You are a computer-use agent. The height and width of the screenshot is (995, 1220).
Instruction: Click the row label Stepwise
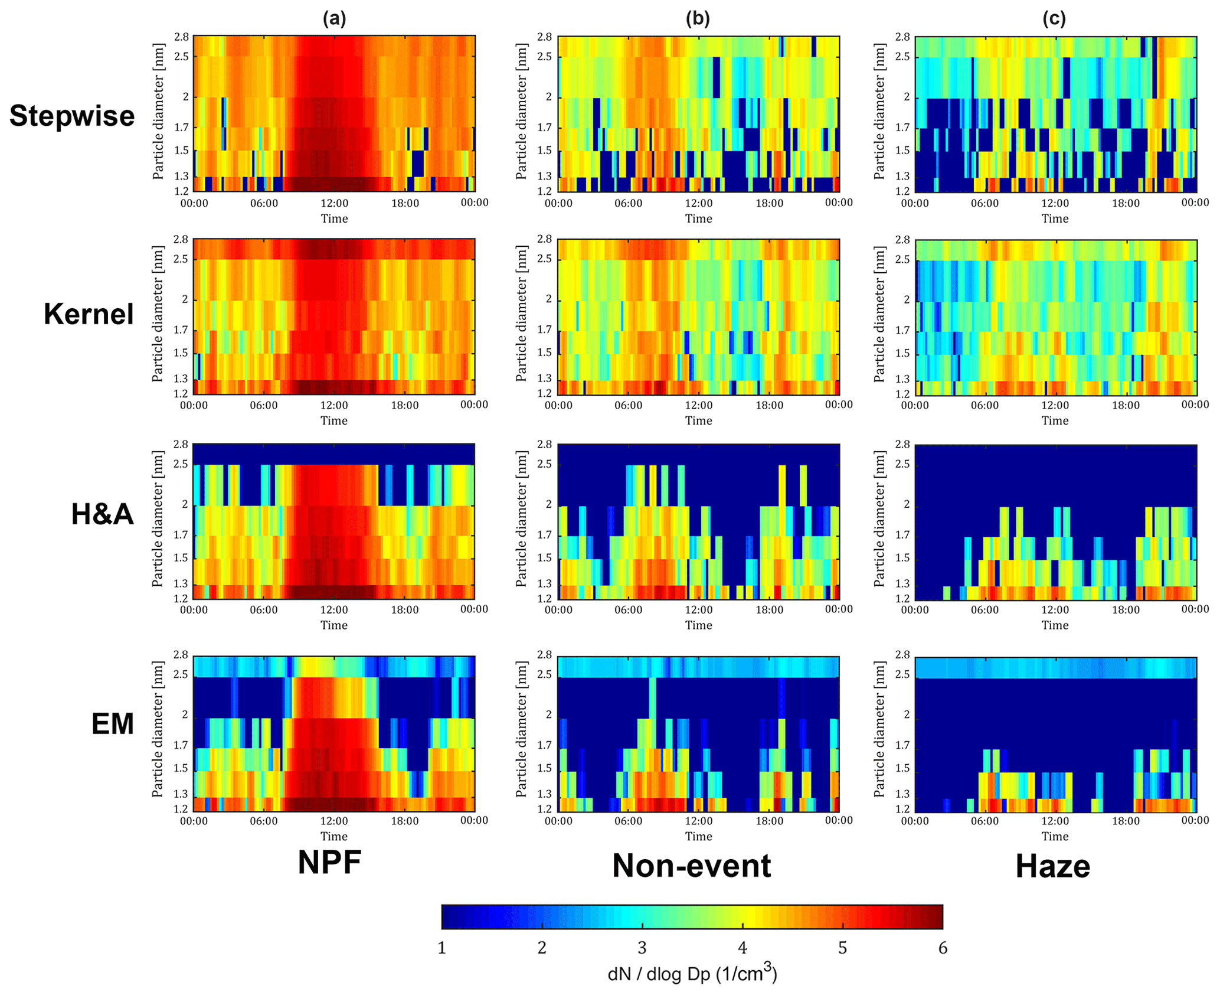72,116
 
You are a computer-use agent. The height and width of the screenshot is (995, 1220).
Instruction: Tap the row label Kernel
89,314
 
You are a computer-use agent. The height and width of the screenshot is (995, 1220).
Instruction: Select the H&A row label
102,514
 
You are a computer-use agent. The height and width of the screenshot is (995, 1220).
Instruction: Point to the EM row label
113,724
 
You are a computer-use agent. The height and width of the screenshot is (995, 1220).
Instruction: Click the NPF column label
329,863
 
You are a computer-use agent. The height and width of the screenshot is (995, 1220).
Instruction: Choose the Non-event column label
691,866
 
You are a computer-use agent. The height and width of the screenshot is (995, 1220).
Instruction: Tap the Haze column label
1052,867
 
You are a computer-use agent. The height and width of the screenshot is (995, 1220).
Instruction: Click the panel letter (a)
334,19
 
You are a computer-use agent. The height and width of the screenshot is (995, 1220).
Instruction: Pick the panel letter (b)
698,19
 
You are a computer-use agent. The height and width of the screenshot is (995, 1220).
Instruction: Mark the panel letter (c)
1054,19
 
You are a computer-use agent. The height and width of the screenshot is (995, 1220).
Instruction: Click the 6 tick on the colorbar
943,948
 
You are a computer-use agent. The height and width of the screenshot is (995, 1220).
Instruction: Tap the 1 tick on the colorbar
441,948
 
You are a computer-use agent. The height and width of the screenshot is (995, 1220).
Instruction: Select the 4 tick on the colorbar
743,948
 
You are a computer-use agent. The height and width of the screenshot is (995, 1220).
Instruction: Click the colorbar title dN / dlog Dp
692,973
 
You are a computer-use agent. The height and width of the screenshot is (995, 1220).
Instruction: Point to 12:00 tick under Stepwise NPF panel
334,203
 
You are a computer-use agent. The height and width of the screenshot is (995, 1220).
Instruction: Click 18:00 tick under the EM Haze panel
1126,821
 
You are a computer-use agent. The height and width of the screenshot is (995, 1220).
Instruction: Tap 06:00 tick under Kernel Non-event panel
628,405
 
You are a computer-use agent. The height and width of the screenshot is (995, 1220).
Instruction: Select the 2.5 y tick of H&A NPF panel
181,465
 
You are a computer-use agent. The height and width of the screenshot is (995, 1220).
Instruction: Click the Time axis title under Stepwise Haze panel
1055,219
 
